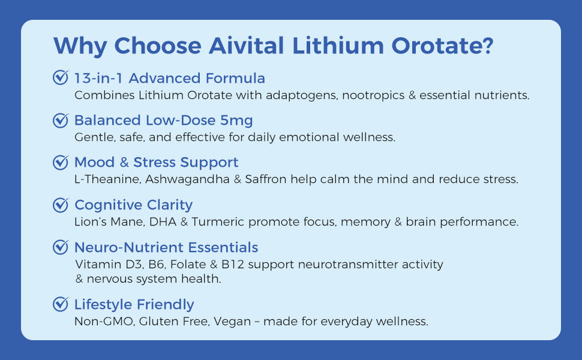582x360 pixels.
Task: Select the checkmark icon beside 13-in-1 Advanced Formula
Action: point(61,78)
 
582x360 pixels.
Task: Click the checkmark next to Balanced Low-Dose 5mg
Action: point(61,120)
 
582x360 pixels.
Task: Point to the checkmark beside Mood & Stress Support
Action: point(61,163)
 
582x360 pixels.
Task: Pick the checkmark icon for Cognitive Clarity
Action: point(61,205)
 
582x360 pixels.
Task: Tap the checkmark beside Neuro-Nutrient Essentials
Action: point(61,247)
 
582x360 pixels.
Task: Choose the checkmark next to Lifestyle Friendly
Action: point(61,304)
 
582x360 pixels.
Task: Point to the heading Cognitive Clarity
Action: point(133,205)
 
